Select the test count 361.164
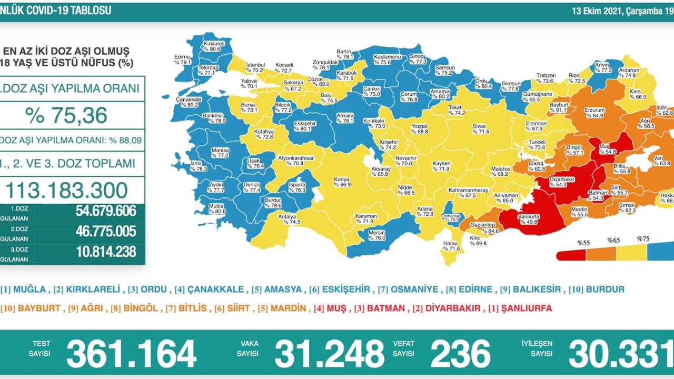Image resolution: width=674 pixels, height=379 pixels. point(131,353)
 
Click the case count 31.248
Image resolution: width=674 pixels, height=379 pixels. point(329,353)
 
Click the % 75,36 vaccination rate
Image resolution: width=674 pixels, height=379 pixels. point(66,115)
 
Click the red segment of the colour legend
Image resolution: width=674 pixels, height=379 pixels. point(572,255)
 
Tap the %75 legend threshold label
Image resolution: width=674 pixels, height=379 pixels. point(643,239)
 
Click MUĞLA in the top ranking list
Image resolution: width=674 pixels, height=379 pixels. point(29,290)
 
